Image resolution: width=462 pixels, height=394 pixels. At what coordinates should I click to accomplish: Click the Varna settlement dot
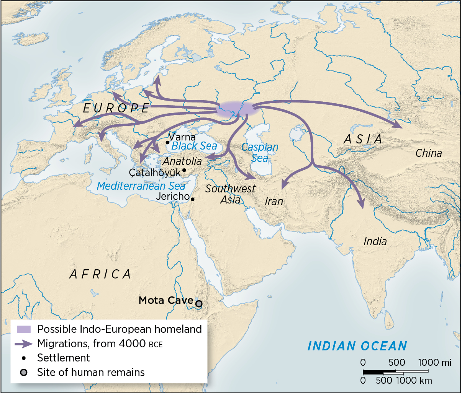click(x=167, y=142)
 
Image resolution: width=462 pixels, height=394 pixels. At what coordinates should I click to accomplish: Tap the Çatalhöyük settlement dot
click(x=184, y=170)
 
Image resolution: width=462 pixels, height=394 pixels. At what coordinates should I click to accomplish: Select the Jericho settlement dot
click(x=192, y=199)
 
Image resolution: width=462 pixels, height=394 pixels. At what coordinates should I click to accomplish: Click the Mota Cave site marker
click(x=198, y=304)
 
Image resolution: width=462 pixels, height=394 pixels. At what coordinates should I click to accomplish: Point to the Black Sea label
click(x=194, y=146)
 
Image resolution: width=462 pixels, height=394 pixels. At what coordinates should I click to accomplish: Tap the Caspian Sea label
click(x=260, y=152)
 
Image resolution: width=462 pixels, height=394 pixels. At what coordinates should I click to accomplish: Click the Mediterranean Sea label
click(x=141, y=186)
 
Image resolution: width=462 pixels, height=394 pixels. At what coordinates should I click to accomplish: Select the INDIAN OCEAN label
click(x=357, y=346)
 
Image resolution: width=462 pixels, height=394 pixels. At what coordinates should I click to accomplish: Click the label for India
click(x=375, y=241)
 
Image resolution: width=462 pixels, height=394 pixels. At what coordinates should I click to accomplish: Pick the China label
click(x=428, y=153)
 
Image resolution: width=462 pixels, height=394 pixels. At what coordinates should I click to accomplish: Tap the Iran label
click(x=274, y=201)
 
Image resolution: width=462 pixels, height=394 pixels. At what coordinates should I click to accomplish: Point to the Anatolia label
click(x=182, y=161)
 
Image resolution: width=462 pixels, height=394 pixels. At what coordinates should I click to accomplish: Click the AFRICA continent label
click(x=100, y=274)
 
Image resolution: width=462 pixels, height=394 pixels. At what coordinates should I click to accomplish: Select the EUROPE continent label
click(x=116, y=108)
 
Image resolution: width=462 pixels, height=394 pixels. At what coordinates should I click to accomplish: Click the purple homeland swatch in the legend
click(x=24, y=329)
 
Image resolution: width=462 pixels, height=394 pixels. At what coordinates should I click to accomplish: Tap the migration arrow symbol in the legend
click(x=24, y=344)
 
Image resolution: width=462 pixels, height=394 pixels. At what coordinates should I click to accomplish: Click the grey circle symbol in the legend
click(x=24, y=373)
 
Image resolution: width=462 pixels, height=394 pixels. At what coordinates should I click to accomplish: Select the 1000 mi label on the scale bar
click(x=434, y=362)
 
